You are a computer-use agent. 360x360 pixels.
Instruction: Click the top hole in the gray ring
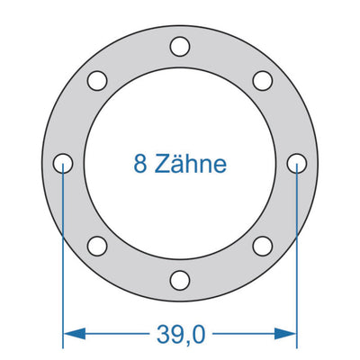click(x=180, y=45)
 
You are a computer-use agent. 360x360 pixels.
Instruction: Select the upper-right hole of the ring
click(x=263, y=80)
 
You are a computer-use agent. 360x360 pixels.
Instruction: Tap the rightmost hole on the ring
click(x=297, y=163)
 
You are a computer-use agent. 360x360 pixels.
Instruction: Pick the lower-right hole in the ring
click(x=263, y=245)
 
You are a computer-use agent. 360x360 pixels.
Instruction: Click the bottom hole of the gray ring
click(x=180, y=279)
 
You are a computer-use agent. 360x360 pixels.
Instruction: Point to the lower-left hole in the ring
click(x=97, y=245)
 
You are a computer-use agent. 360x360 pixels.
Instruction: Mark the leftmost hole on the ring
click(x=63, y=163)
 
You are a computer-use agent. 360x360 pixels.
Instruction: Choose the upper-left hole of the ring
click(x=97, y=80)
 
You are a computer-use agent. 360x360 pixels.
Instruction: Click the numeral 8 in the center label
click(x=139, y=164)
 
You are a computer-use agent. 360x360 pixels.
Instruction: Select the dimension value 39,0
click(x=180, y=335)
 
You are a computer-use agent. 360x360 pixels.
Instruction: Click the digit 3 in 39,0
click(x=160, y=335)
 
